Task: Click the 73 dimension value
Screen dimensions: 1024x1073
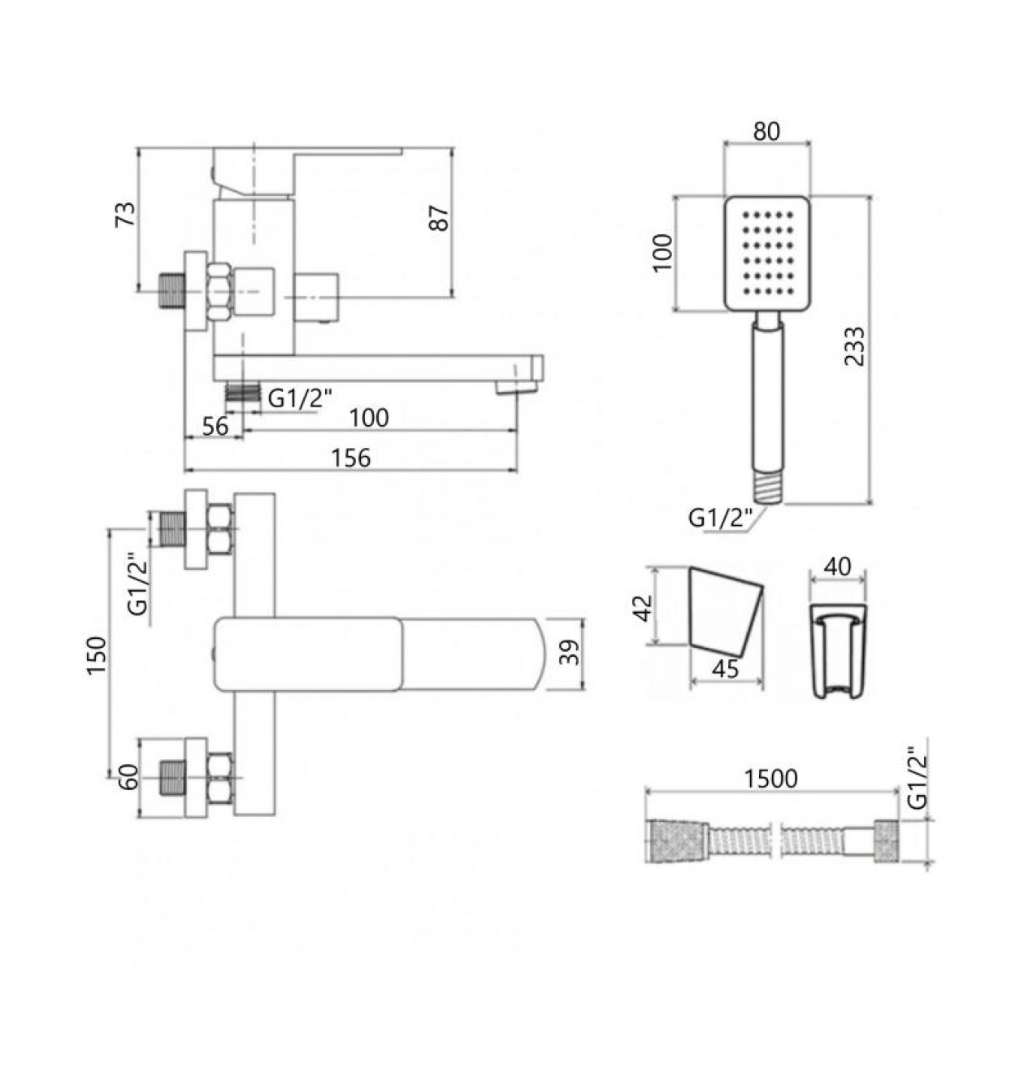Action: click(127, 215)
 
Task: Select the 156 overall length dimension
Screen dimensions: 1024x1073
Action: click(351, 458)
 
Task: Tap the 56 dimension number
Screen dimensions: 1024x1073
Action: click(215, 426)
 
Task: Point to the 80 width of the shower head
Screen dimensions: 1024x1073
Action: click(766, 131)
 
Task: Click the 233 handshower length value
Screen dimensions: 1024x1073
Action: click(854, 346)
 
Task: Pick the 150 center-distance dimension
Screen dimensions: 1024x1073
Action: click(98, 655)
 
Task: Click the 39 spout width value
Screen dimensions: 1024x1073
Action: click(570, 652)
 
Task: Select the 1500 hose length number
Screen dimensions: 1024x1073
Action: click(770, 779)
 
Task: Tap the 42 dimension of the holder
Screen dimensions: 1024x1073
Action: click(644, 607)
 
